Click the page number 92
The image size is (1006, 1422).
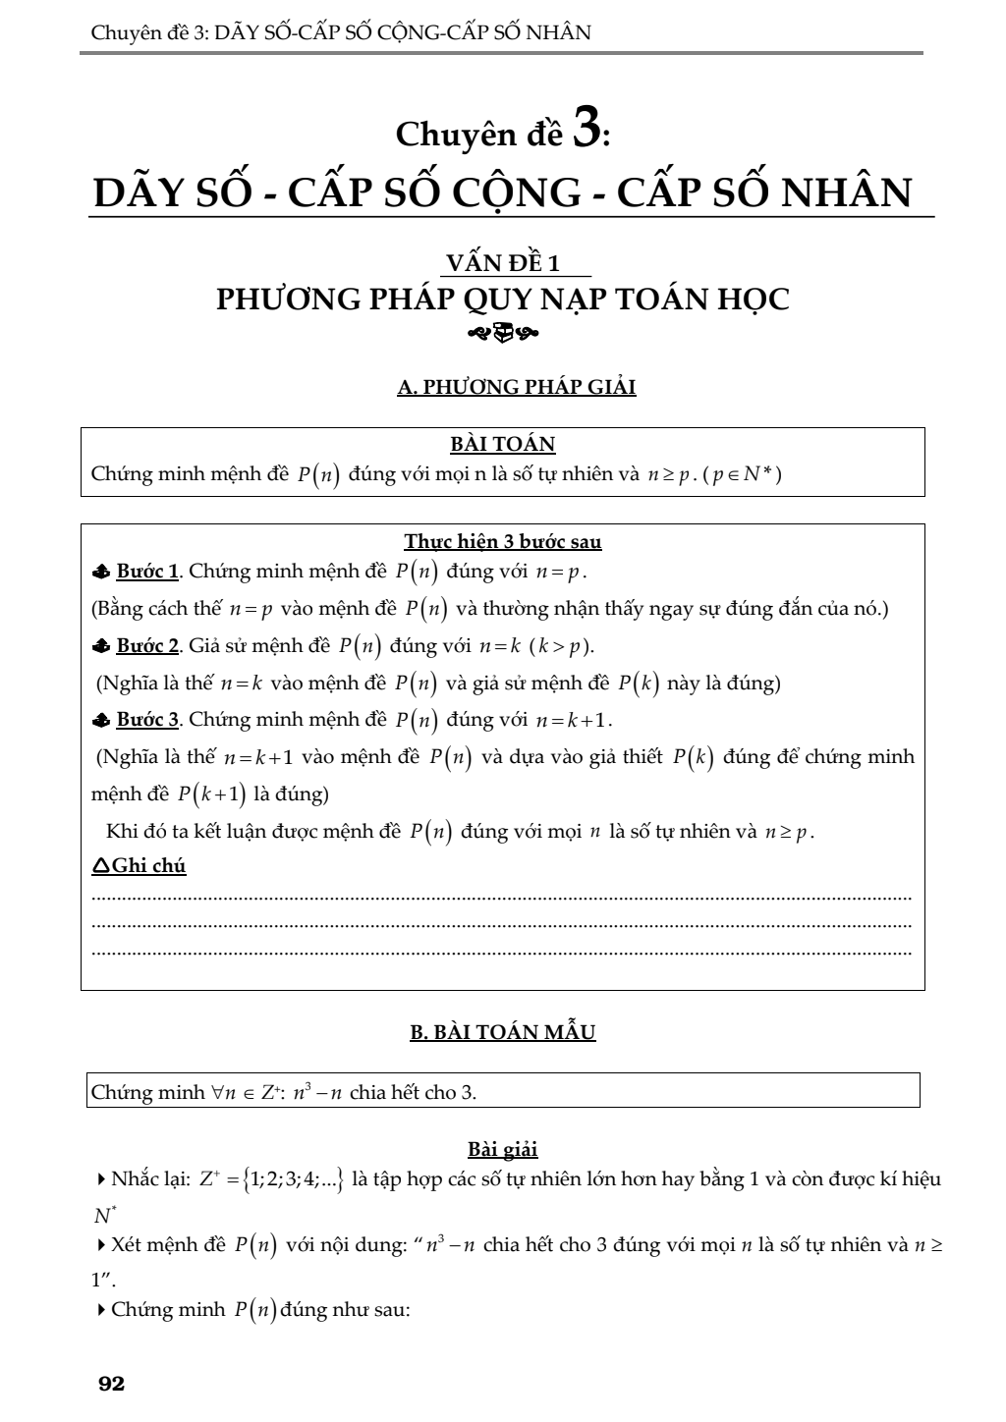(112, 1385)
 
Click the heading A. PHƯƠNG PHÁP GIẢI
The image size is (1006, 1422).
(517, 387)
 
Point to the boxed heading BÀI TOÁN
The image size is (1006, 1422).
(502, 445)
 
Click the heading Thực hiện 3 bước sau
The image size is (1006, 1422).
(503, 541)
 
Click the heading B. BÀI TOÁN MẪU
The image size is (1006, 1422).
(502, 1032)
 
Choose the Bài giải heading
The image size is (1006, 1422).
(502, 1149)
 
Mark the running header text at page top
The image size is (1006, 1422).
(341, 32)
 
